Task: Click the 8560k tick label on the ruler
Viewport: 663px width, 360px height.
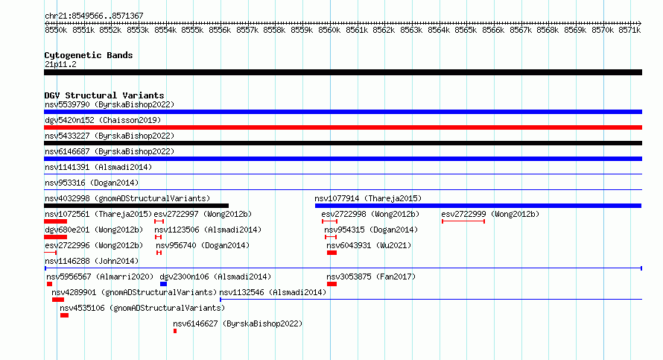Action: pyautogui.click(x=329, y=30)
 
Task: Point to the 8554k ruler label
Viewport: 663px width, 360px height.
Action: pyautogui.click(x=165, y=30)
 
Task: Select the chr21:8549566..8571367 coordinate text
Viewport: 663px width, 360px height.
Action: pyautogui.click(x=95, y=16)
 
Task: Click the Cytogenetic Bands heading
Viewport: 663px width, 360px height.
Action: pyautogui.click(x=89, y=55)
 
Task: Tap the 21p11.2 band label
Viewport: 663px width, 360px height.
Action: pyautogui.click(x=60, y=64)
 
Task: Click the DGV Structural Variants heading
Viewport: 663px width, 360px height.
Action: pyautogui.click(x=104, y=95)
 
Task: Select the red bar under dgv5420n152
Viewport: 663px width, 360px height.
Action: pyautogui.click(x=343, y=127)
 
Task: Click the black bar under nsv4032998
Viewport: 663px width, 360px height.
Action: pyautogui.click(x=136, y=206)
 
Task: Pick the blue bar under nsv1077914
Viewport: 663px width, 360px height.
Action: pyautogui.click(x=478, y=206)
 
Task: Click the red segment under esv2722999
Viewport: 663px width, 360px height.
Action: pyautogui.click(x=463, y=221)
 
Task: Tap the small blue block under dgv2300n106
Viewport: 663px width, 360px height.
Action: pyautogui.click(x=163, y=284)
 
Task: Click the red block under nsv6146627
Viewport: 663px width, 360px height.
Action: pyautogui.click(x=175, y=331)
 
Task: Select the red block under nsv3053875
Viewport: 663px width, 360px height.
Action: pyautogui.click(x=332, y=284)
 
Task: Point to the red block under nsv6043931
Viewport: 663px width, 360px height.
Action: pyautogui.click(x=332, y=253)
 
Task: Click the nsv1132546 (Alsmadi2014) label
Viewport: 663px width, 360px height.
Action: pyautogui.click(x=273, y=292)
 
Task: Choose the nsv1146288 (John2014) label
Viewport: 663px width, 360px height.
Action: pyautogui.click(x=92, y=261)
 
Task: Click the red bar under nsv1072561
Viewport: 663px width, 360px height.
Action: pyautogui.click(x=55, y=221)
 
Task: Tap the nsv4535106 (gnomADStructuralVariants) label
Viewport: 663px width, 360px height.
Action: pyautogui.click(x=142, y=308)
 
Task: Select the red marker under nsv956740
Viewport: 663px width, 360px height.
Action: pyautogui.click(x=159, y=253)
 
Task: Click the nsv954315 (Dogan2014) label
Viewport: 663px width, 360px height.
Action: pyautogui.click(x=371, y=230)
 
